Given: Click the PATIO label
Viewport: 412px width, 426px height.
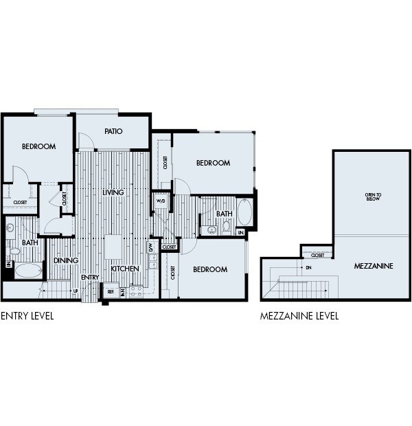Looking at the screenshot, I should (x=113, y=131).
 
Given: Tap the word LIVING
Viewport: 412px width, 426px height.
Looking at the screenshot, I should (x=113, y=192).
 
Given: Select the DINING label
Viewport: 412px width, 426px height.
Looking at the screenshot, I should (x=66, y=260).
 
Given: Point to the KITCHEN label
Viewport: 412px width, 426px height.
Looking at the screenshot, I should (x=125, y=269).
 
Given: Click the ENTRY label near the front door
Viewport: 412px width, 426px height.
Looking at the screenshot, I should (x=90, y=277).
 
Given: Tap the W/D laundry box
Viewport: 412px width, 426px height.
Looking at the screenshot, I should (x=161, y=201).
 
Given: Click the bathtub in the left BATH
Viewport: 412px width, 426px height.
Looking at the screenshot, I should (x=28, y=270).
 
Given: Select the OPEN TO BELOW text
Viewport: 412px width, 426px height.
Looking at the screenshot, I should (x=374, y=197).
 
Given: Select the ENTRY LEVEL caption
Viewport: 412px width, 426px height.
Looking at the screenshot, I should (x=27, y=317).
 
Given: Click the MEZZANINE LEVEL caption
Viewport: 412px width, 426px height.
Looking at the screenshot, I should (x=299, y=317).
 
